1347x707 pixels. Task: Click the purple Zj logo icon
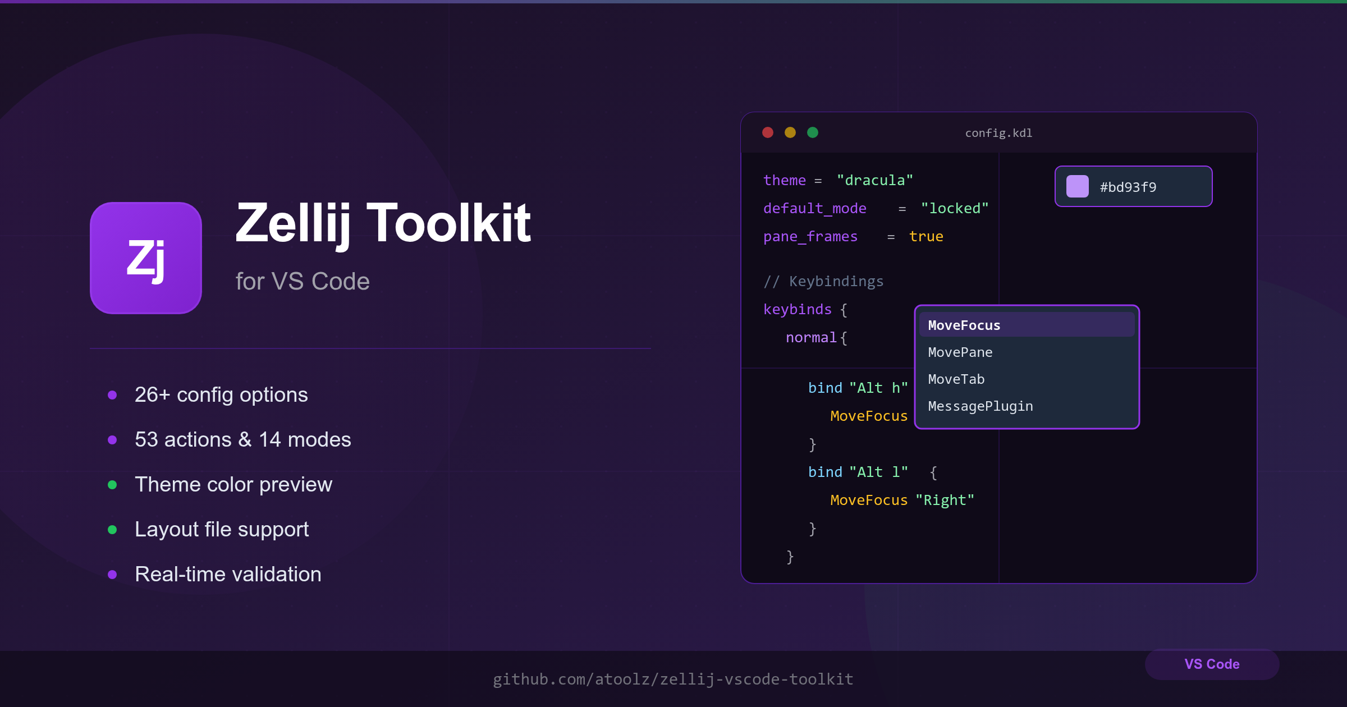pyautogui.click(x=146, y=258)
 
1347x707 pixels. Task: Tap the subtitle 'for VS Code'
pyautogui.click(x=303, y=281)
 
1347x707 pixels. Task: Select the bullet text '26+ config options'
pyautogui.click(x=221, y=394)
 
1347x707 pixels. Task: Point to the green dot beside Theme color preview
pyautogui.click(x=112, y=485)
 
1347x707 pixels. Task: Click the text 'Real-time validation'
pyautogui.click(x=228, y=574)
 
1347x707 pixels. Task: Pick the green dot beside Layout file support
pyautogui.click(x=112, y=530)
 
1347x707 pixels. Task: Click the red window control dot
pyautogui.click(x=768, y=132)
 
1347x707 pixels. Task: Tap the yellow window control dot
pyautogui.click(x=790, y=132)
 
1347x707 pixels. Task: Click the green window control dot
pyautogui.click(x=813, y=132)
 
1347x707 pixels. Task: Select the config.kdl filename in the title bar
pyautogui.click(x=998, y=133)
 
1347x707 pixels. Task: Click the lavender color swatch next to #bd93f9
pyautogui.click(x=1077, y=186)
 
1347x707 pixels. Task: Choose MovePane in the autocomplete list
pyautogui.click(x=960, y=352)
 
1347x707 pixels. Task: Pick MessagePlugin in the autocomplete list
pyautogui.click(x=981, y=406)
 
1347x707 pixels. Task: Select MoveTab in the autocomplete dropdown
pyautogui.click(x=956, y=379)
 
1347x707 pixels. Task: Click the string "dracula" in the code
pyautogui.click(x=875, y=180)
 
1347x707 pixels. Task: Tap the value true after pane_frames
pyautogui.click(x=926, y=236)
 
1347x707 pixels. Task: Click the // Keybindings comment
pyautogui.click(x=823, y=281)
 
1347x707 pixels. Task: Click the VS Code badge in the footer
pyautogui.click(x=1212, y=664)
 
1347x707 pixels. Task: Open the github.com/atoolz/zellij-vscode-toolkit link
pyautogui.click(x=673, y=679)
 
